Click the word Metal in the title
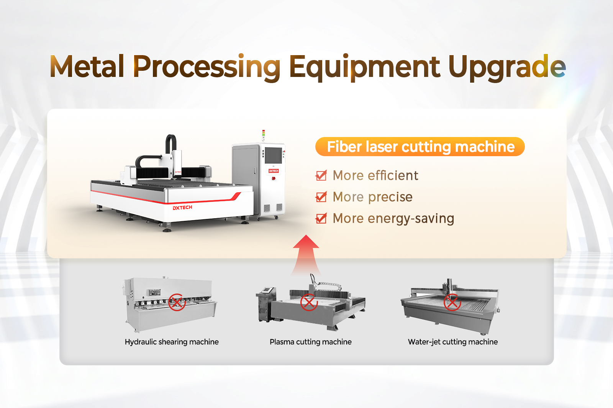87,67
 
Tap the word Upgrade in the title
507,68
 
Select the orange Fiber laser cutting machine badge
420,147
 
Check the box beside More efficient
321,175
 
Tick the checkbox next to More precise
321,197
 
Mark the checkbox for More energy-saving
321,218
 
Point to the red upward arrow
306,254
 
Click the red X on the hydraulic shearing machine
177,302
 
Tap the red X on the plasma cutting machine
309,302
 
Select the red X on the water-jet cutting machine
452,302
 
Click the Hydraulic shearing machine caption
172,342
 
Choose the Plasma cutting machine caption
311,342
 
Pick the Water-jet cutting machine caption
453,342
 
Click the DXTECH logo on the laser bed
182,207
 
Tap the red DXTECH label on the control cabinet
274,171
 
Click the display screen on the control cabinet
273,155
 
